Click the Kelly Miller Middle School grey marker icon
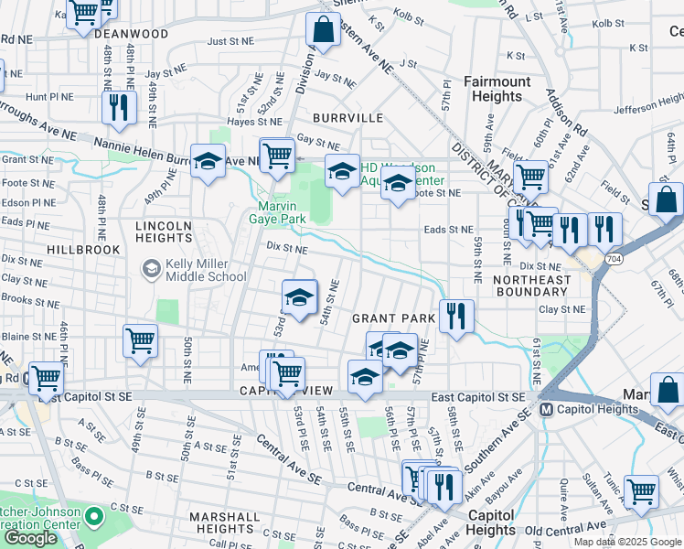click(x=150, y=269)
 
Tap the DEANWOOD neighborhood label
click(x=131, y=34)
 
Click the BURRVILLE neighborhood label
click(x=347, y=118)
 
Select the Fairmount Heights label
click(x=497, y=89)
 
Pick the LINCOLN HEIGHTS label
click(x=164, y=231)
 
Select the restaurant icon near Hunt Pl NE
click(x=119, y=107)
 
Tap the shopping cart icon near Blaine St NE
click(x=141, y=341)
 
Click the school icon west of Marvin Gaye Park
click(x=208, y=161)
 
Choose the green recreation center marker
click(x=92, y=519)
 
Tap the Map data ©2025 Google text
click(x=626, y=542)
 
